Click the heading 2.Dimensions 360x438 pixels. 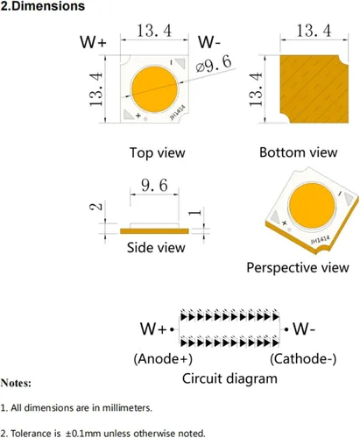click(43, 6)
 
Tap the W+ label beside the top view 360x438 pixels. click(93, 42)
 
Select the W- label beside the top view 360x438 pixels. click(209, 42)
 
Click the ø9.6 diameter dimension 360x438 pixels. click(214, 64)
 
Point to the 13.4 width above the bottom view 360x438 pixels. click(314, 31)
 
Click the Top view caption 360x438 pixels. click(158, 152)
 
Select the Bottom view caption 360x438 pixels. click(299, 152)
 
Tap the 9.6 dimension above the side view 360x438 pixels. click(154, 185)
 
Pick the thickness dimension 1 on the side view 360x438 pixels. click(194, 212)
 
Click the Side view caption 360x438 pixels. click(156, 248)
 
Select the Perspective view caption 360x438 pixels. click(298, 267)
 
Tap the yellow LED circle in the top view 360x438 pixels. click(154, 89)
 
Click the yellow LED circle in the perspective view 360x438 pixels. click(312, 206)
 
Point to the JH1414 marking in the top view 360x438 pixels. click(178, 113)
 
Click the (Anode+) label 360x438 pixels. click(163, 358)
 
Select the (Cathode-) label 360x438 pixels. click(303, 358)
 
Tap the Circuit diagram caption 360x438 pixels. click(229, 378)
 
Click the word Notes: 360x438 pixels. click(16, 383)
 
